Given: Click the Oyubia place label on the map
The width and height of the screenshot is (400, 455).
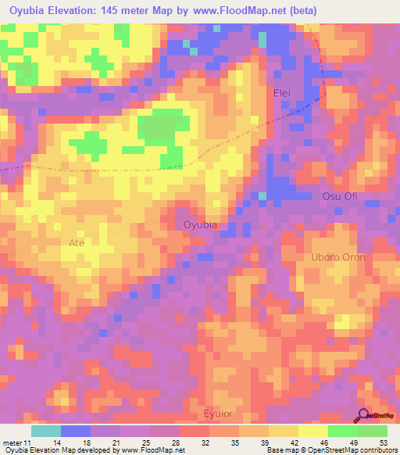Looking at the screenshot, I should click(199, 225).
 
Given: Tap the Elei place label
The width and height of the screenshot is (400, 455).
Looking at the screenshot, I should click(281, 92).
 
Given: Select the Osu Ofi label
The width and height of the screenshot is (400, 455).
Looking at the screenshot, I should click(340, 196).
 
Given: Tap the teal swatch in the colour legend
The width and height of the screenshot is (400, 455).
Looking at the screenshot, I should click(46, 431).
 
